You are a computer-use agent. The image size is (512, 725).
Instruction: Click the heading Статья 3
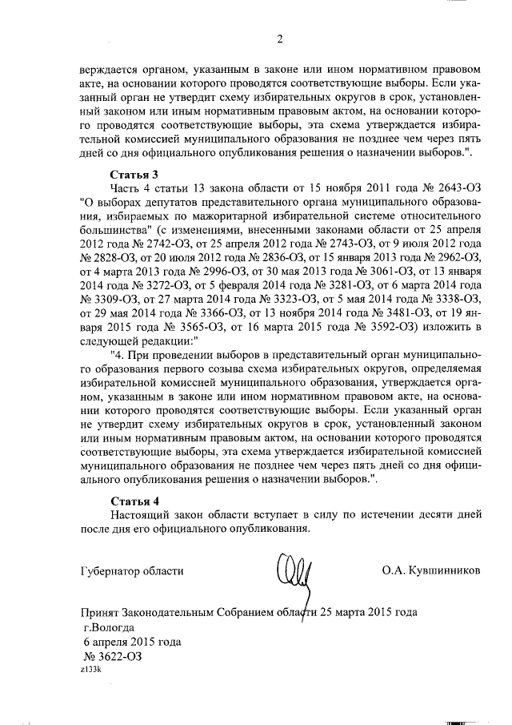[x=132, y=174]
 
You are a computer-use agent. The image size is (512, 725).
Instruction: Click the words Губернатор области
[x=132, y=571]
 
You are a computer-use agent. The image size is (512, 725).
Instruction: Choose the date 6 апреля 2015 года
[x=133, y=642]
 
